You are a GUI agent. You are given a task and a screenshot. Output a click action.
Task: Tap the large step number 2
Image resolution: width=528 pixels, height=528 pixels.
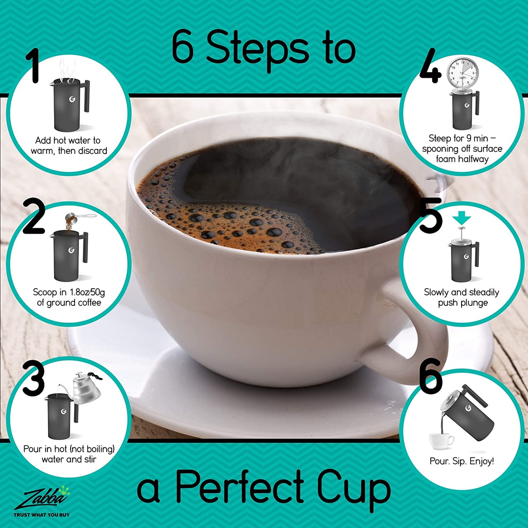pyautogui.click(x=34, y=216)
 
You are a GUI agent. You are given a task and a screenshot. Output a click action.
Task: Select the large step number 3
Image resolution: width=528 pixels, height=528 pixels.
pyautogui.click(x=33, y=378)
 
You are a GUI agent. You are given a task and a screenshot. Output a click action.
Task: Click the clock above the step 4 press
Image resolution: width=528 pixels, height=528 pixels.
pyautogui.click(x=463, y=72)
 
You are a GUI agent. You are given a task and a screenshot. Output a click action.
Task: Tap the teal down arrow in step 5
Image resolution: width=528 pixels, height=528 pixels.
pyautogui.click(x=462, y=220)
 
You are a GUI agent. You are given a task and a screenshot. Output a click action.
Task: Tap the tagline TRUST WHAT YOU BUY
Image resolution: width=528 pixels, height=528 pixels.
pyautogui.click(x=42, y=514)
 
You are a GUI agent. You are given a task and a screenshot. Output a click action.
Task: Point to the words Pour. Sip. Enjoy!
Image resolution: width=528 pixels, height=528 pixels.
pyautogui.click(x=462, y=461)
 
